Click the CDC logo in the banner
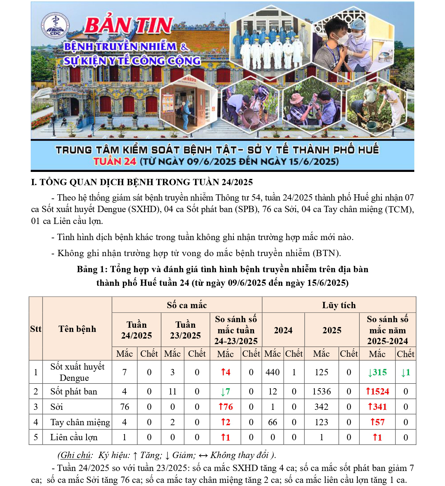pos(55,26)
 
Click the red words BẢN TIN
pos(128,26)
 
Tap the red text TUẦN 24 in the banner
pos(115,161)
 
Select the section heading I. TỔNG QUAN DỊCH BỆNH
pos(142,182)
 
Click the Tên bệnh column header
pos(77,329)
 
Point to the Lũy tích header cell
pos(339,305)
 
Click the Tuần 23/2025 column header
pos(185,330)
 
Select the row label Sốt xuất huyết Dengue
pos(77,372)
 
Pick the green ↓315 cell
pos(377,372)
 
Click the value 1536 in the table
pos(321,391)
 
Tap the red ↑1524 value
pos(377,391)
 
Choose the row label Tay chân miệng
pos(80,422)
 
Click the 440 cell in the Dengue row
pos(273,372)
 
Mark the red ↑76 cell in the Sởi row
pos(225,407)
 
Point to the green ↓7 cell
pos(225,391)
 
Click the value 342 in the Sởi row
pos(321,407)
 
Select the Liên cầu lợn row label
pos(74,437)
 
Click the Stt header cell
pos(36,329)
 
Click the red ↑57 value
pos(377,422)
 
